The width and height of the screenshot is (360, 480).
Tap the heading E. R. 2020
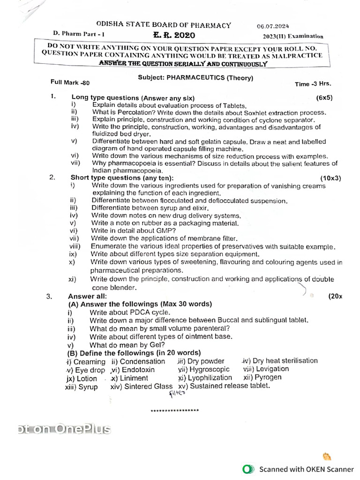tap(174, 35)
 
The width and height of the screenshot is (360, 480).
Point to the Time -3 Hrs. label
tap(313, 84)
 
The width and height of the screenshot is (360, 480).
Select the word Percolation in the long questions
tap(130, 113)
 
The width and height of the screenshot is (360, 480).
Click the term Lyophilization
tap(210, 377)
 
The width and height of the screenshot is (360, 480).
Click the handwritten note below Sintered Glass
tap(177, 394)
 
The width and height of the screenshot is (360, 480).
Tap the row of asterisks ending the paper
tap(174, 411)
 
